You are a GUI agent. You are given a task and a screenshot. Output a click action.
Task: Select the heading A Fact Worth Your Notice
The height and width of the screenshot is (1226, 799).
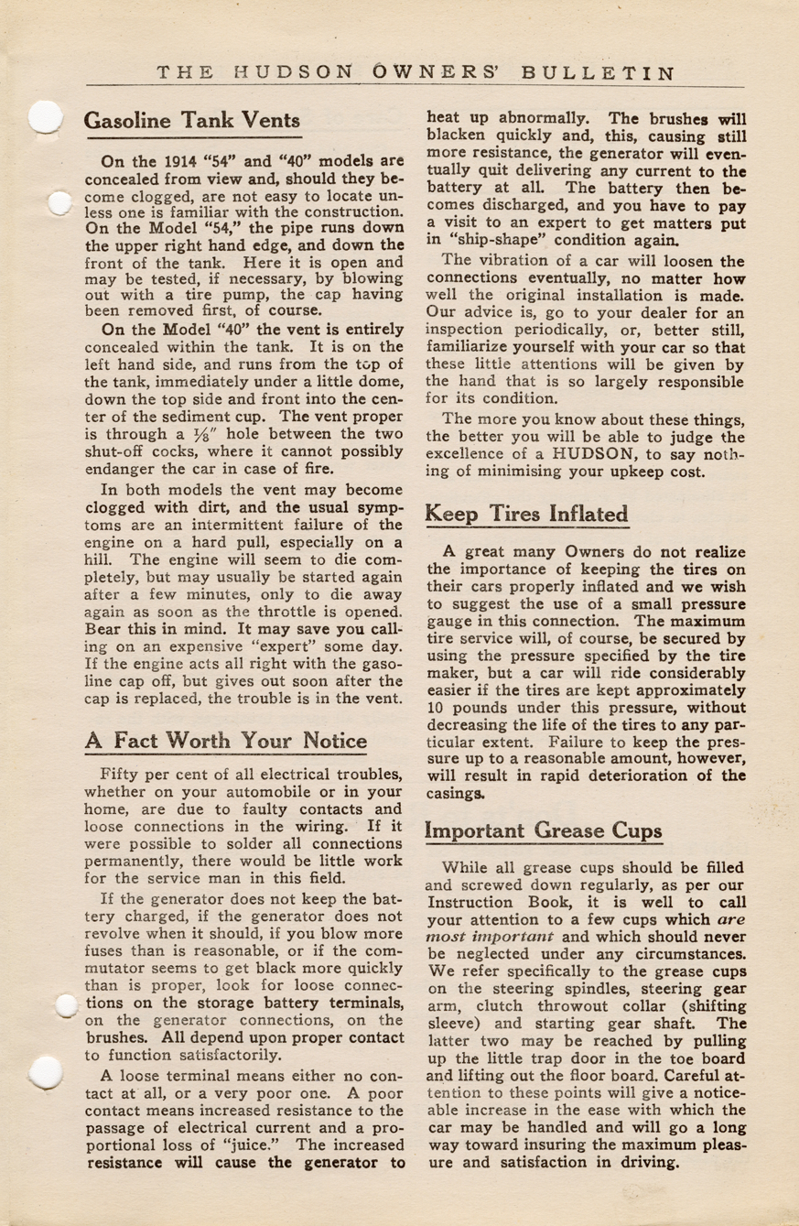click(226, 740)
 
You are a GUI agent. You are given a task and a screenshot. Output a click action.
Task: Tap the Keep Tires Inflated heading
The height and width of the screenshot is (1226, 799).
click(527, 514)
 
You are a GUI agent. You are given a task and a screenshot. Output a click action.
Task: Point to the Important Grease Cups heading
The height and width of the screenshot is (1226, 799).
click(544, 830)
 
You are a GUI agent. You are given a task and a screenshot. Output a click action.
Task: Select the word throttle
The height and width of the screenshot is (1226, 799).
click(295, 611)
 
